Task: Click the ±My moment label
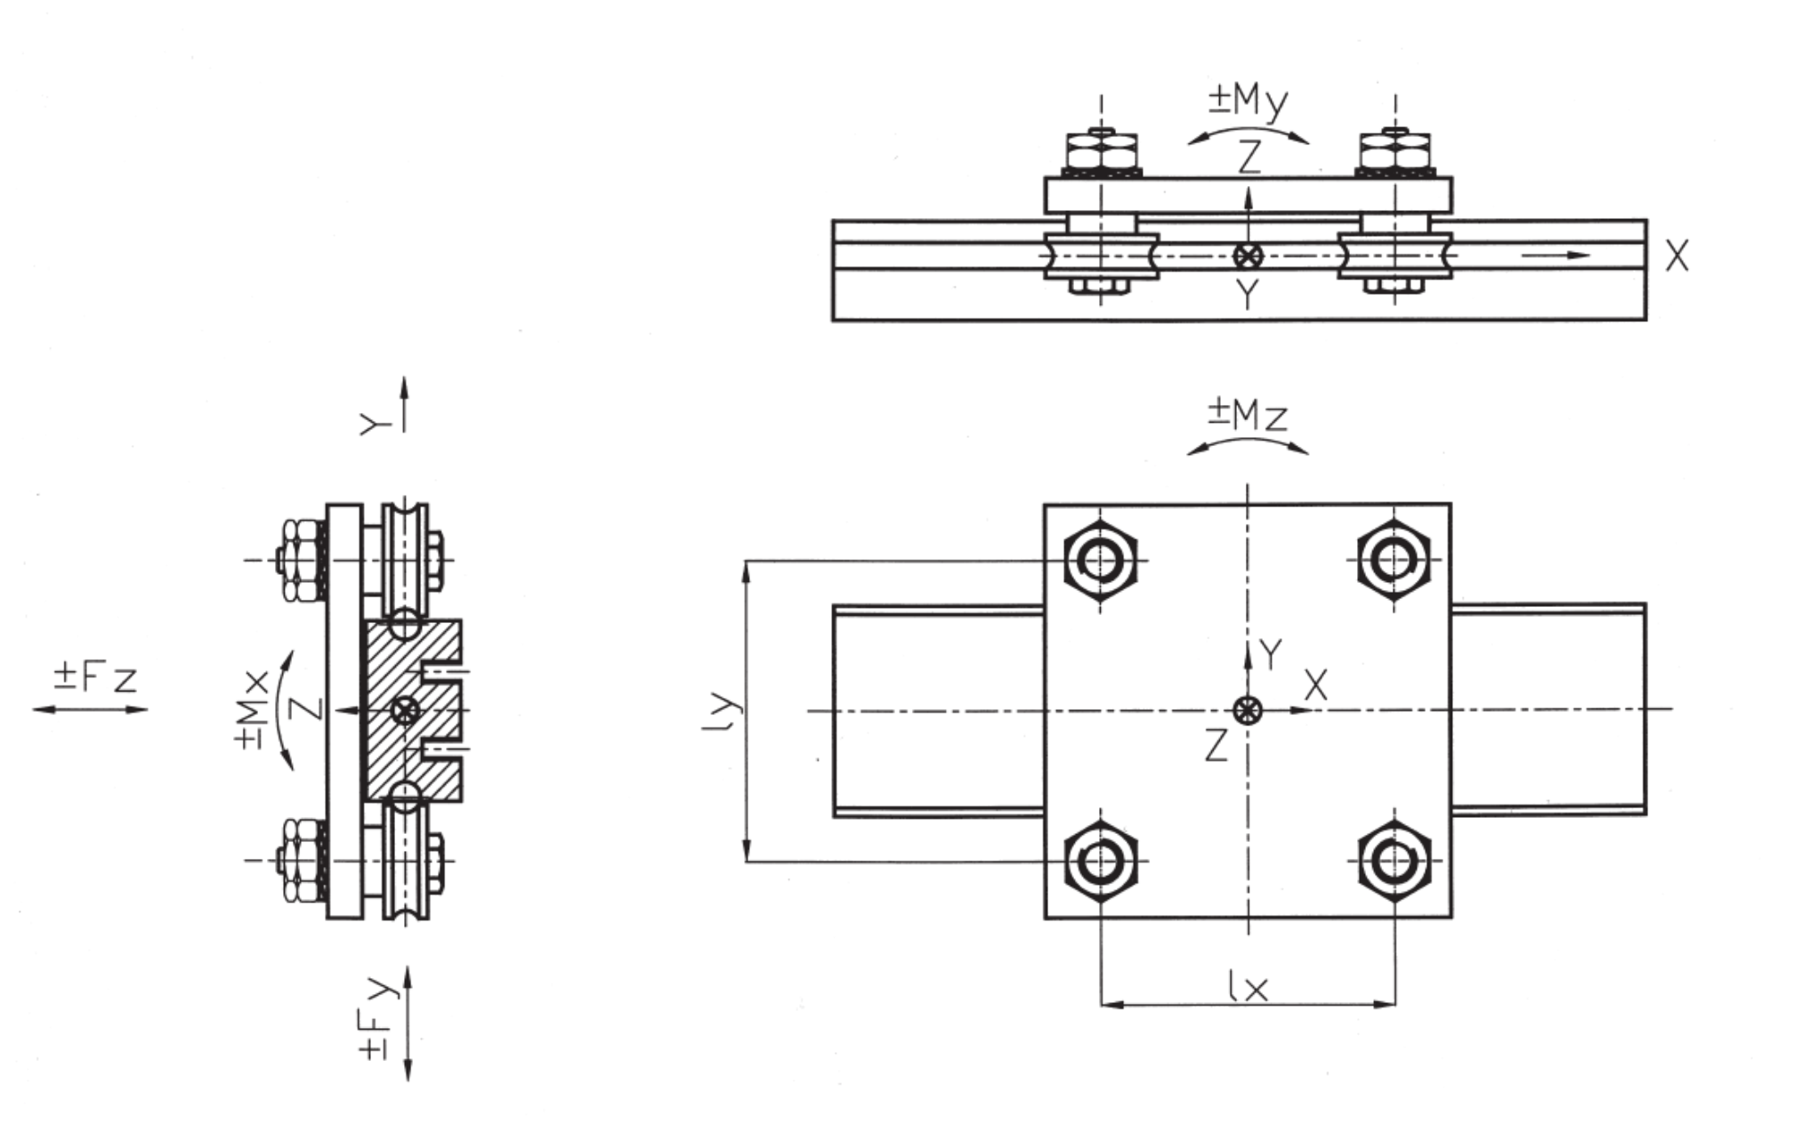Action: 1248,101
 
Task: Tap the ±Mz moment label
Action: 1248,415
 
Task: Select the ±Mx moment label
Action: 255,709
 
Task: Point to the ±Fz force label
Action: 96,677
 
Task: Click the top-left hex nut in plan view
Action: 1101,561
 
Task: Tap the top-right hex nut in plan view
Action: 1394,561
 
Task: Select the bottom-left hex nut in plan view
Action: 1101,861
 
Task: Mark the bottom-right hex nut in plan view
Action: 1394,861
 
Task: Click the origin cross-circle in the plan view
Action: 1248,709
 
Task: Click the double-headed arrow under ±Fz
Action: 90,709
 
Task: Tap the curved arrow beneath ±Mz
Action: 1248,441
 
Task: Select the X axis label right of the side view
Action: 1677,256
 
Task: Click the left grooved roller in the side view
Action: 1102,256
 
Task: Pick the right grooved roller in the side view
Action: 1395,256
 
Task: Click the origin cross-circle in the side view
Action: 1248,256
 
